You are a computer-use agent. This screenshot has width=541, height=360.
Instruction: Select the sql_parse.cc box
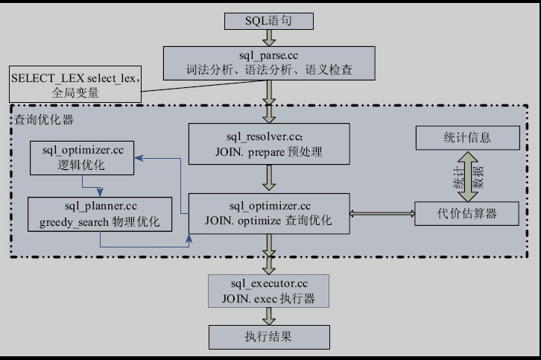point(269,62)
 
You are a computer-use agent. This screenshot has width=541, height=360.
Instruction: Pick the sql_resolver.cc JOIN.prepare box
point(268,145)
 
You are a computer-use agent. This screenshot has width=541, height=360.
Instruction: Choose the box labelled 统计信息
point(466,138)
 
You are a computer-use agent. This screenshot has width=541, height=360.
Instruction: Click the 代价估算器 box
point(466,214)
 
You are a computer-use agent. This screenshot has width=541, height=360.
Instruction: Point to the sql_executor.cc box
point(269,291)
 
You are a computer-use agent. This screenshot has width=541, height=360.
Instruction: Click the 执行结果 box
point(268,336)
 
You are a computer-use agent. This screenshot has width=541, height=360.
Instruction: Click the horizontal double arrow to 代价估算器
point(382,214)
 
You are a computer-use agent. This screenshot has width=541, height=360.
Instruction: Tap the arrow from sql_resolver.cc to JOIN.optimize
point(268,179)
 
